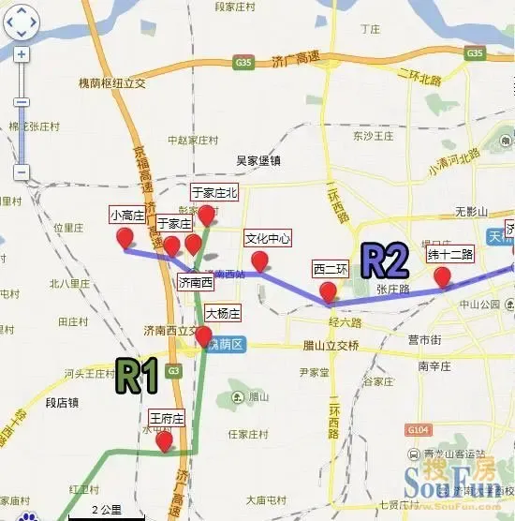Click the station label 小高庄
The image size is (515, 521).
126,214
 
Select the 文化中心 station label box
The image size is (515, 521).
268,238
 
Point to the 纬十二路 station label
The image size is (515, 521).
450,254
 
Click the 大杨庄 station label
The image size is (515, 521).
223,313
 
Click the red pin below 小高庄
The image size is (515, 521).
124,239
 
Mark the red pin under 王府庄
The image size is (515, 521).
165,441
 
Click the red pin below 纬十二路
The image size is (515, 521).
443,276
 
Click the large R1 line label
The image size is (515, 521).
136,376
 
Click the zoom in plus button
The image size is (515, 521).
22,54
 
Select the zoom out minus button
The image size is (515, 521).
22,172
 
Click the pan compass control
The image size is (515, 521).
22,22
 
